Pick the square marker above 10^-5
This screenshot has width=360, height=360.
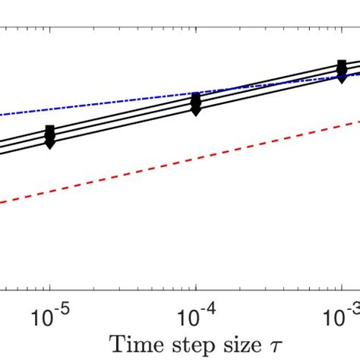50,130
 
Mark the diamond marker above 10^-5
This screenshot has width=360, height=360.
50,143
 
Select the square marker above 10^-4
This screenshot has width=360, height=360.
197,97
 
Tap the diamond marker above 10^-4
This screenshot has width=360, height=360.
197,110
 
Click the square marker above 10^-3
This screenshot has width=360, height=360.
343,65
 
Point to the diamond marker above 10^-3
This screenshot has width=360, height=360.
343,77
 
